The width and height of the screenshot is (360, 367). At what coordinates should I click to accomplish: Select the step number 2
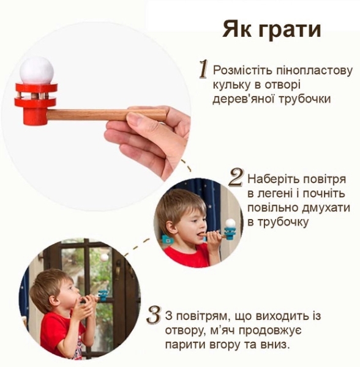(x=236, y=177)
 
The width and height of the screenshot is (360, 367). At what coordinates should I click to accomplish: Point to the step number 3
(x=154, y=316)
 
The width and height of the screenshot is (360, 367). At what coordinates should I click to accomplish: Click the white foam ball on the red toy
(x=36, y=71)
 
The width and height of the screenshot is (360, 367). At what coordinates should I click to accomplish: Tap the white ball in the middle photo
(x=230, y=224)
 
